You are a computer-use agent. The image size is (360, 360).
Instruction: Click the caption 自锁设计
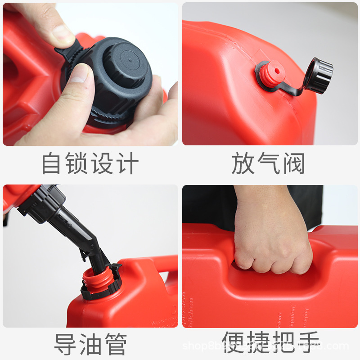90,164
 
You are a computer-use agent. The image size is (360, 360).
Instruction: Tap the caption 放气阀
269,164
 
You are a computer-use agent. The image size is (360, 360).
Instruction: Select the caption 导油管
90,345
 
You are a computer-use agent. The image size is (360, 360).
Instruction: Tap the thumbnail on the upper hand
64,35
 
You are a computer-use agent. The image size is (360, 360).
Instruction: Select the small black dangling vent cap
318,75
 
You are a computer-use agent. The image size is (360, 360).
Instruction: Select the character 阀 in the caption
293,164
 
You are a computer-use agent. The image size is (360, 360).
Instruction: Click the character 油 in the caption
90,345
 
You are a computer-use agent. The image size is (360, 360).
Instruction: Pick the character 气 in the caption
269,164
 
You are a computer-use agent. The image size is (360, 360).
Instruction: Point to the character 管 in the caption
115,345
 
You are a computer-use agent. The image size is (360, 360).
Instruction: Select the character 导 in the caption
66,345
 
